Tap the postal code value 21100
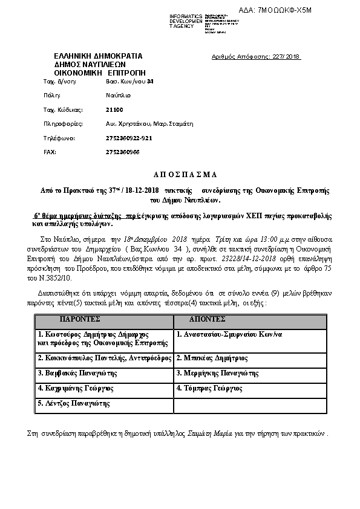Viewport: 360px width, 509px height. (x=114, y=109)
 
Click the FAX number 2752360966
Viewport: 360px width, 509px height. (x=122, y=152)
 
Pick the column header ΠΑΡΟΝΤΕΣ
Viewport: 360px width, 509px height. (x=80, y=319)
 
